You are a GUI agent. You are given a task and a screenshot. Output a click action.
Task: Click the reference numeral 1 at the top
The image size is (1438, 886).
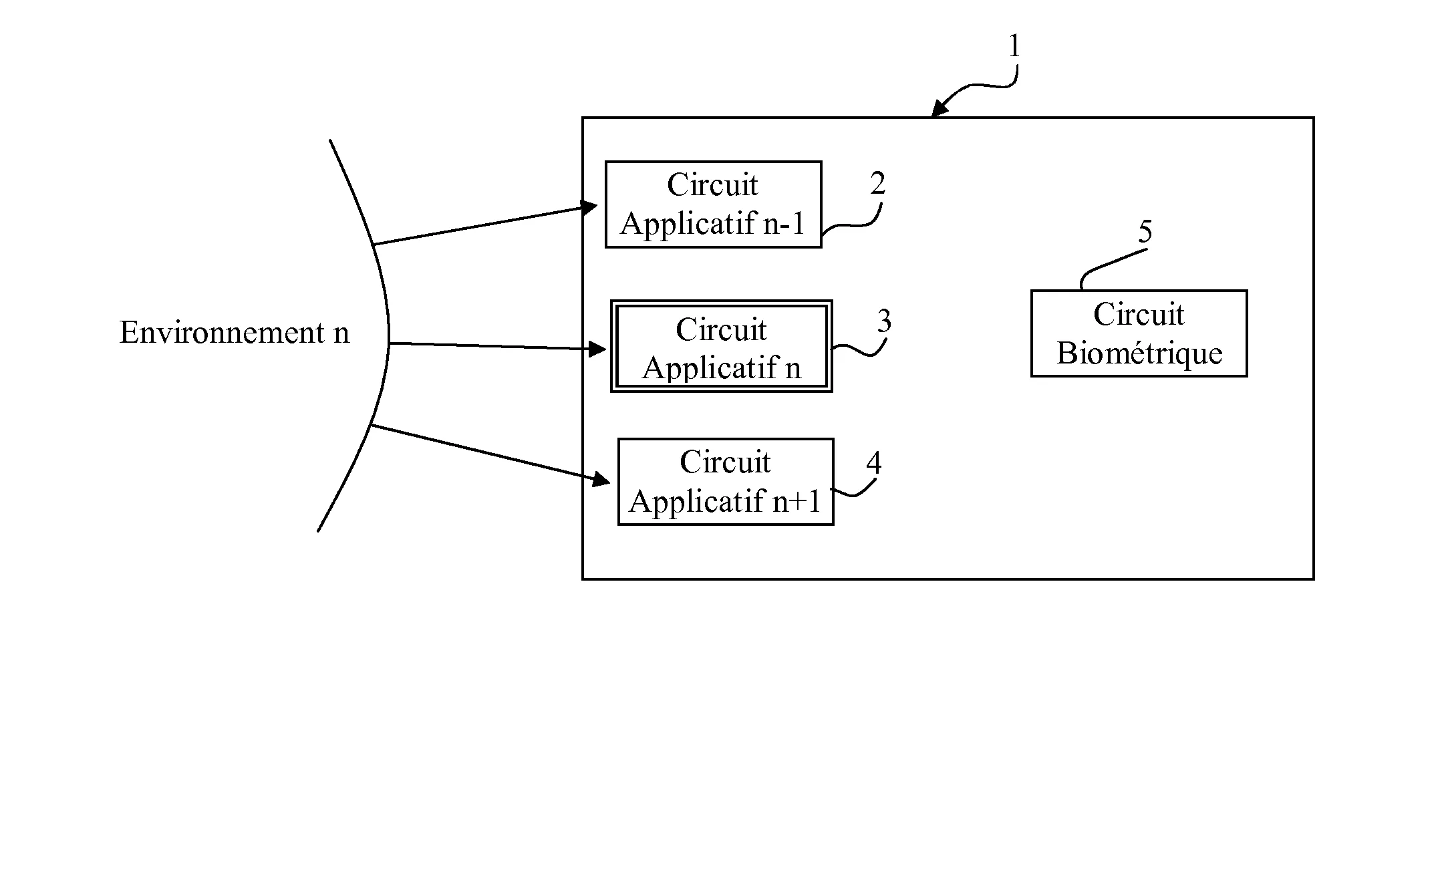pyautogui.click(x=1014, y=47)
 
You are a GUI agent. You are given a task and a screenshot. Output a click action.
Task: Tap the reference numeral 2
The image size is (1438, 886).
pyautogui.click(x=877, y=183)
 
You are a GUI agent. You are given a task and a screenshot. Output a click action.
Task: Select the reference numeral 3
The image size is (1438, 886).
pyautogui.click(x=884, y=321)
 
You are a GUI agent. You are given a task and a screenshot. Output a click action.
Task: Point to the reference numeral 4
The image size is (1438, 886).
pyautogui.click(x=873, y=462)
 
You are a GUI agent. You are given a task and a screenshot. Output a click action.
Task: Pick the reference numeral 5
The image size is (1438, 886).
pyautogui.click(x=1145, y=232)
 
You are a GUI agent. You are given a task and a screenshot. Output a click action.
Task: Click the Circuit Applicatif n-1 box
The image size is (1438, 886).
pyautogui.click(x=713, y=204)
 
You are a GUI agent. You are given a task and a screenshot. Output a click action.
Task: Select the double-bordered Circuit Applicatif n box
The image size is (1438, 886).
pyautogui.click(x=721, y=346)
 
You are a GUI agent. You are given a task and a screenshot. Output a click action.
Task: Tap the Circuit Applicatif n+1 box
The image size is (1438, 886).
pyautogui.click(x=725, y=482)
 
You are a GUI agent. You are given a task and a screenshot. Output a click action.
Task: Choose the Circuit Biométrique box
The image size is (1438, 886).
pyautogui.click(x=1139, y=333)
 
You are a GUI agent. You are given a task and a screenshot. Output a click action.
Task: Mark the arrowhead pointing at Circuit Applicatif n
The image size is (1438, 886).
pyautogui.click(x=598, y=349)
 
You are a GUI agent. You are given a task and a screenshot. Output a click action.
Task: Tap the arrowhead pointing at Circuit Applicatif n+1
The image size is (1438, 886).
pyautogui.click(x=601, y=479)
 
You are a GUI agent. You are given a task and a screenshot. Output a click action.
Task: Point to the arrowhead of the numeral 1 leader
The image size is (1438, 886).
pyautogui.click(x=939, y=110)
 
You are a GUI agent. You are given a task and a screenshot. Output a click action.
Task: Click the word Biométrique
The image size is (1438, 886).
pyautogui.click(x=1139, y=353)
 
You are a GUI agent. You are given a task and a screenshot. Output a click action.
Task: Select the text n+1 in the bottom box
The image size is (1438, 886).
pyautogui.click(x=797, y=501)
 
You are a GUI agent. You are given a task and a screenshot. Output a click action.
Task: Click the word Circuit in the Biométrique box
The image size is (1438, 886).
pyautogui.click(x=1139, y=314)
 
